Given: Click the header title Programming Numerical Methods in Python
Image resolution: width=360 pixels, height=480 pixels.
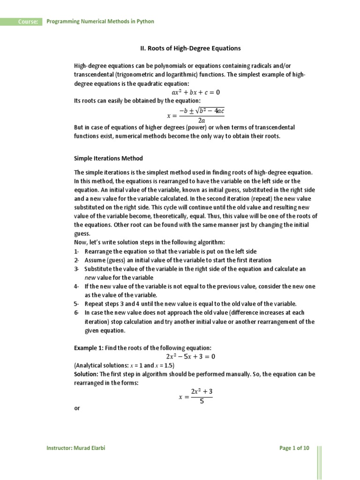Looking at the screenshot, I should [100, 22].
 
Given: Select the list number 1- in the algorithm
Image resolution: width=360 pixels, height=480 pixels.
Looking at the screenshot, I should [77, 252].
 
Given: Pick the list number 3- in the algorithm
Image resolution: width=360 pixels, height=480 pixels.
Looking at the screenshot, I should [77, 269].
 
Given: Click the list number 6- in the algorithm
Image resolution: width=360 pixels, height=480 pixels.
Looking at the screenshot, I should [77, 313].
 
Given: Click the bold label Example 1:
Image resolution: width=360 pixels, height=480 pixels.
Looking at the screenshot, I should [89, 347].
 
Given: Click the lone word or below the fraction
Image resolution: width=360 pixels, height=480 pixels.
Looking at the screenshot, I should [77, 409].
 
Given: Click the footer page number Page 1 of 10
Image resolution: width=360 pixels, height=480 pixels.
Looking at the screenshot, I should [294, 448].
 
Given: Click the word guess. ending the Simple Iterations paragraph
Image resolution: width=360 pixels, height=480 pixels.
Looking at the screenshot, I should [82, 234].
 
